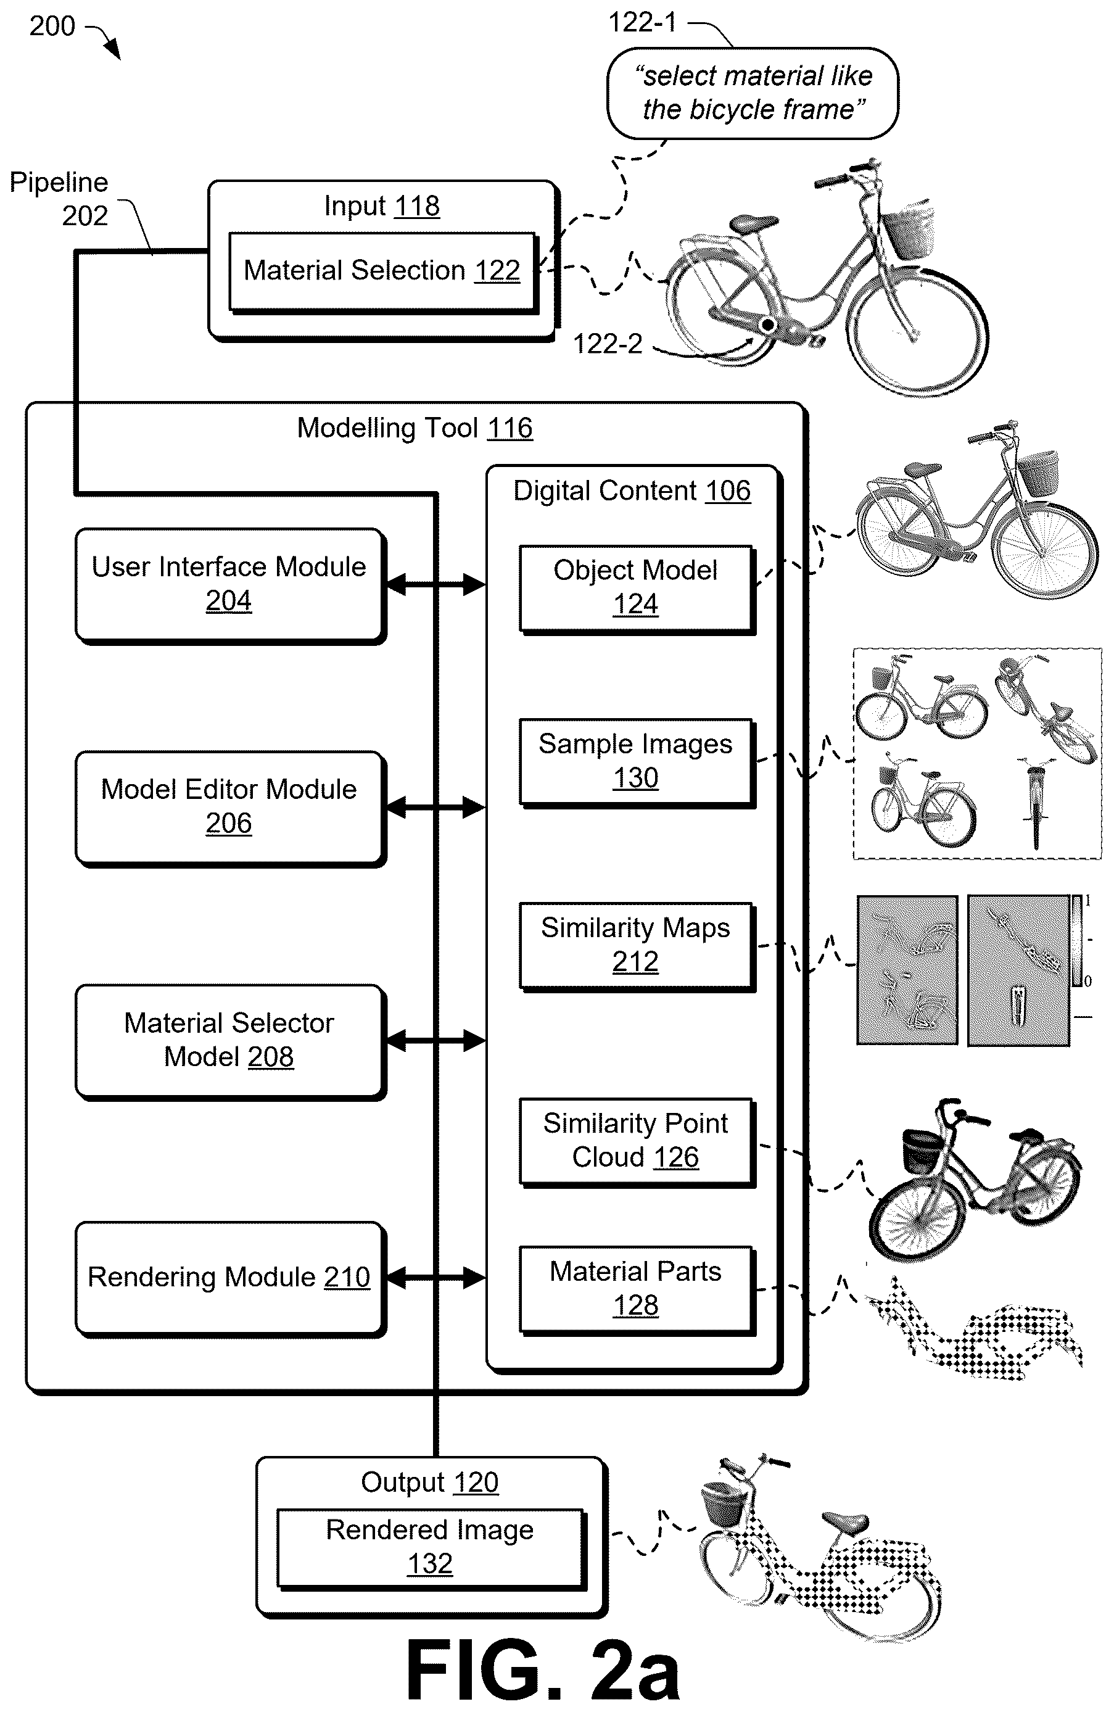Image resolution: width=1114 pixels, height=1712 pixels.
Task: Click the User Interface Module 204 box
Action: (230, 585)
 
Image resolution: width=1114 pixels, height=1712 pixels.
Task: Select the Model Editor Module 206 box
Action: (230, 808)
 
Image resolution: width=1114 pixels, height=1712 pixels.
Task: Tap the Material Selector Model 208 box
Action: (230, 1041)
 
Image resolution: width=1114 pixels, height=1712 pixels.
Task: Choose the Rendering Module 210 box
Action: (230, 1278)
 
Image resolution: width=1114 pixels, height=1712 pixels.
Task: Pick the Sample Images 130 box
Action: (637, 762)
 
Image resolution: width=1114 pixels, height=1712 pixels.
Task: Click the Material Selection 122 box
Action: (383, 272)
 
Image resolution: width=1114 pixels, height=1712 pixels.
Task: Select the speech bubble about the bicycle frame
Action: (753, 93)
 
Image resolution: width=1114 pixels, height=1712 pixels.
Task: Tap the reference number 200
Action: (52, 27)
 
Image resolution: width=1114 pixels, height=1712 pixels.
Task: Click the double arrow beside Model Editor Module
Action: (436, 808)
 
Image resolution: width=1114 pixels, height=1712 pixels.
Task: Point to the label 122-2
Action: (608, 344)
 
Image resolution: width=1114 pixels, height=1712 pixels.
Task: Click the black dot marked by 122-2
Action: (767, 325)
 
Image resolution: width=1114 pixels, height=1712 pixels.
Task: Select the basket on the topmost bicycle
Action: (907, 229)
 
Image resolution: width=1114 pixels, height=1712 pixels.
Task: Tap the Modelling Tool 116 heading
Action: (415, 429)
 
